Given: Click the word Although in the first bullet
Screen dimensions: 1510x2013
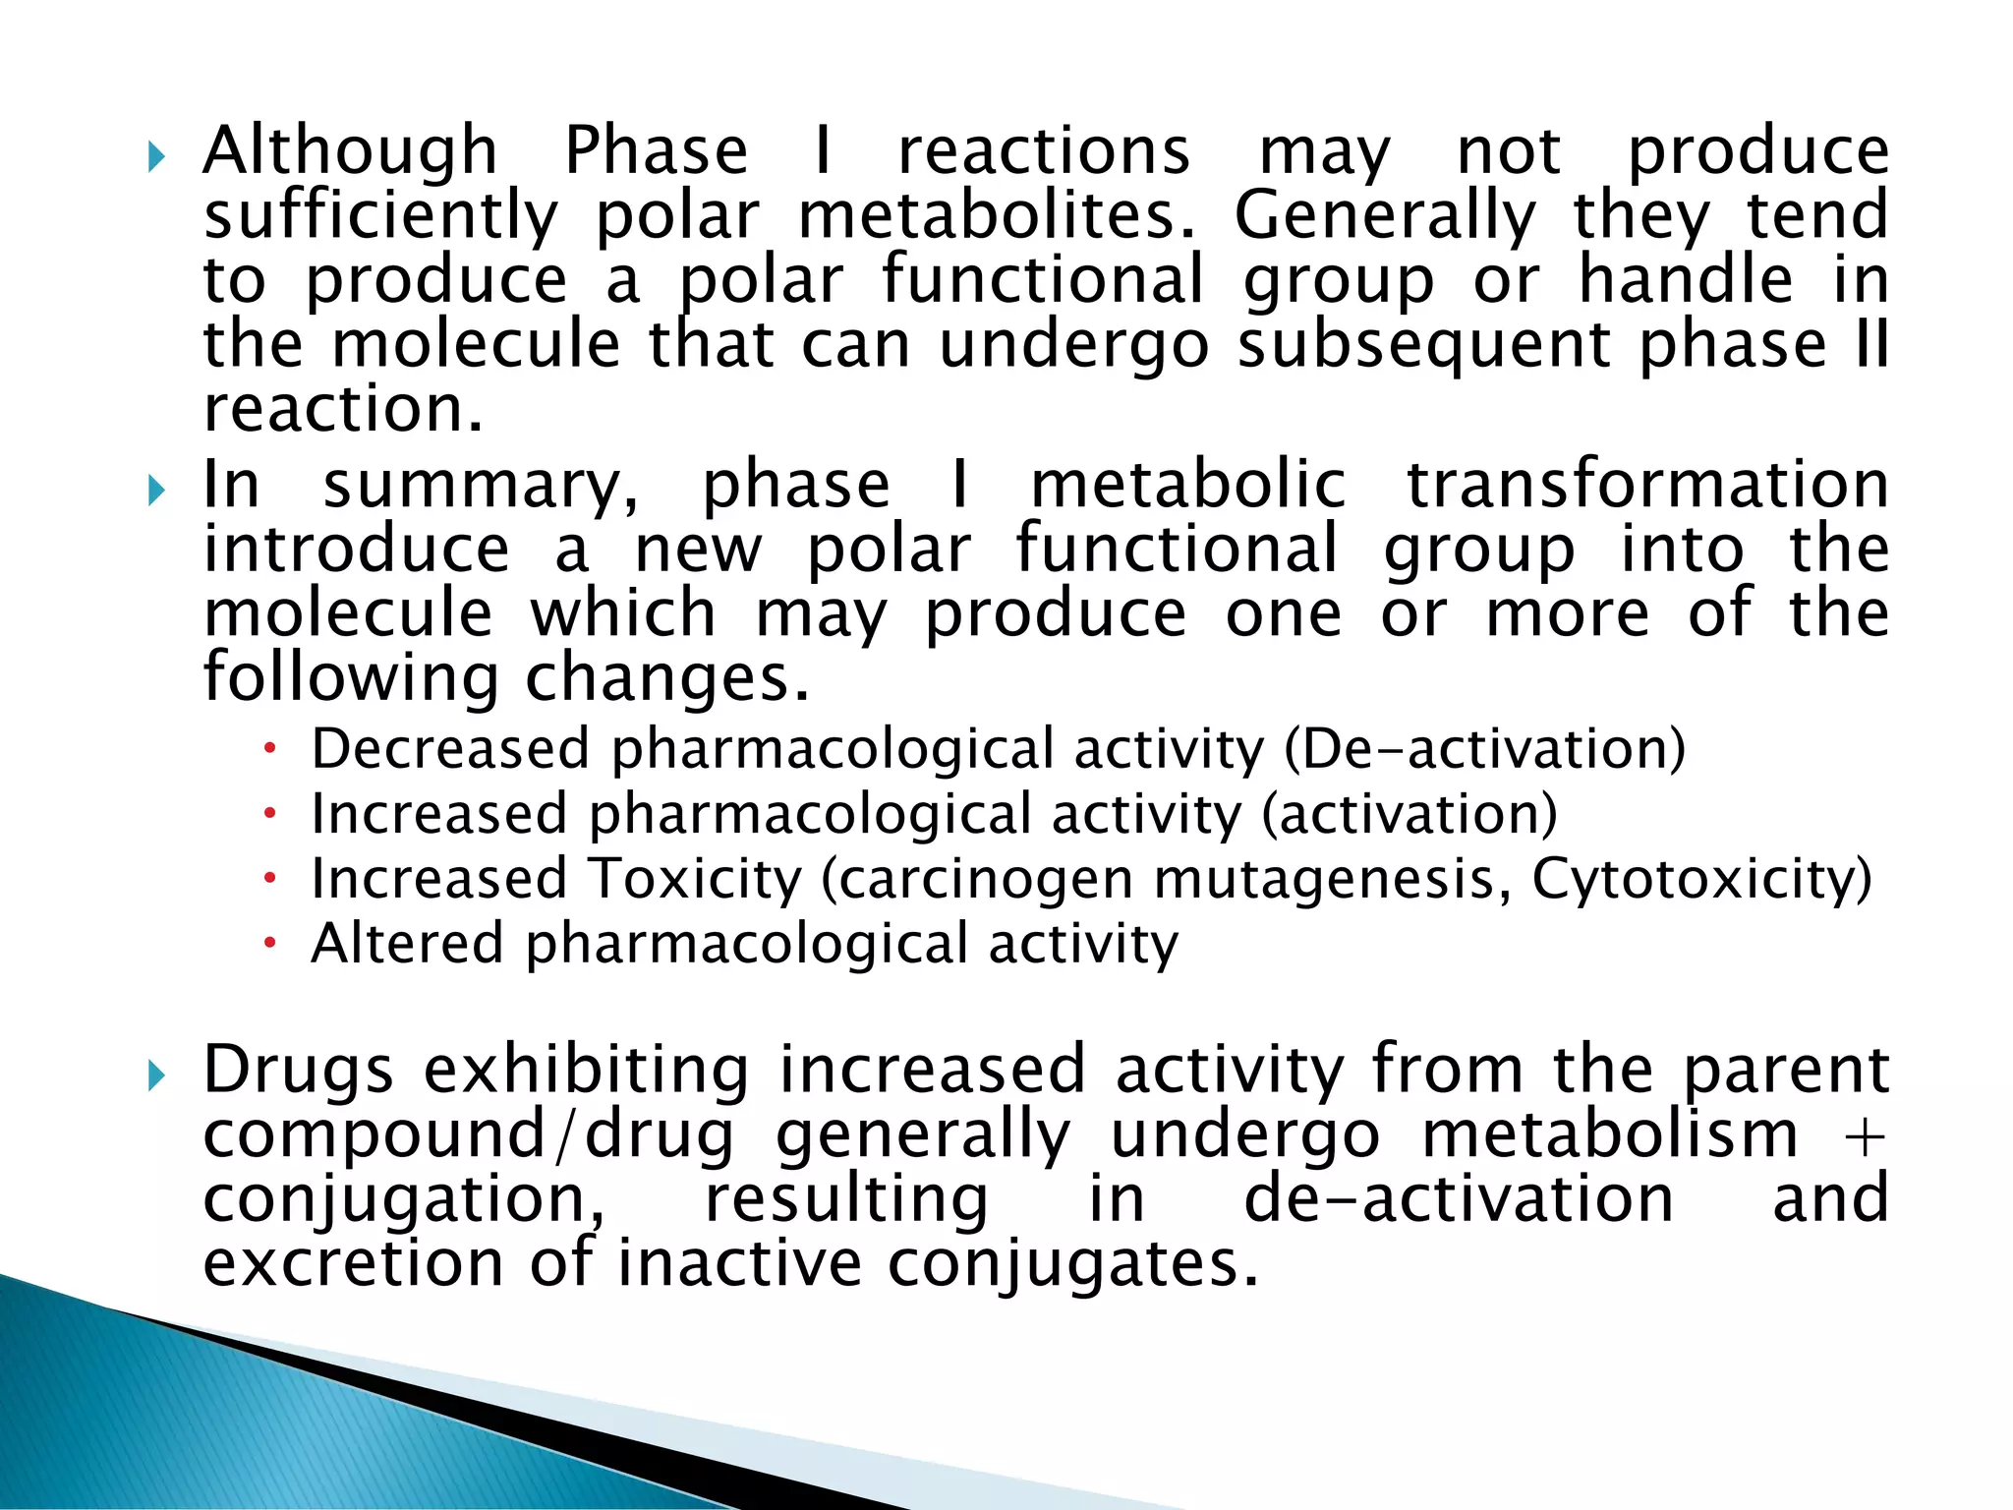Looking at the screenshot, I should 350,152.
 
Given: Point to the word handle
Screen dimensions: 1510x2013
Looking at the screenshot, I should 1686,280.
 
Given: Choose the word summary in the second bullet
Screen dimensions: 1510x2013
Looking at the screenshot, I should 481,487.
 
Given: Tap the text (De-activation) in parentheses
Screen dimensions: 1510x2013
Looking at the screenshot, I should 1484,749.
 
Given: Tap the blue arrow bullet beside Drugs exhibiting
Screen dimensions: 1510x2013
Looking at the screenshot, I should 156,1076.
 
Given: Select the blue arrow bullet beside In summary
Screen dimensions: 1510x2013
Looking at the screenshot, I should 156,490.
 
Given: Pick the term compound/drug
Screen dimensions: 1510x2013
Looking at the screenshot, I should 468,1135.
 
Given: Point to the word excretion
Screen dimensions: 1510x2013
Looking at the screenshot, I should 353,1264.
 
